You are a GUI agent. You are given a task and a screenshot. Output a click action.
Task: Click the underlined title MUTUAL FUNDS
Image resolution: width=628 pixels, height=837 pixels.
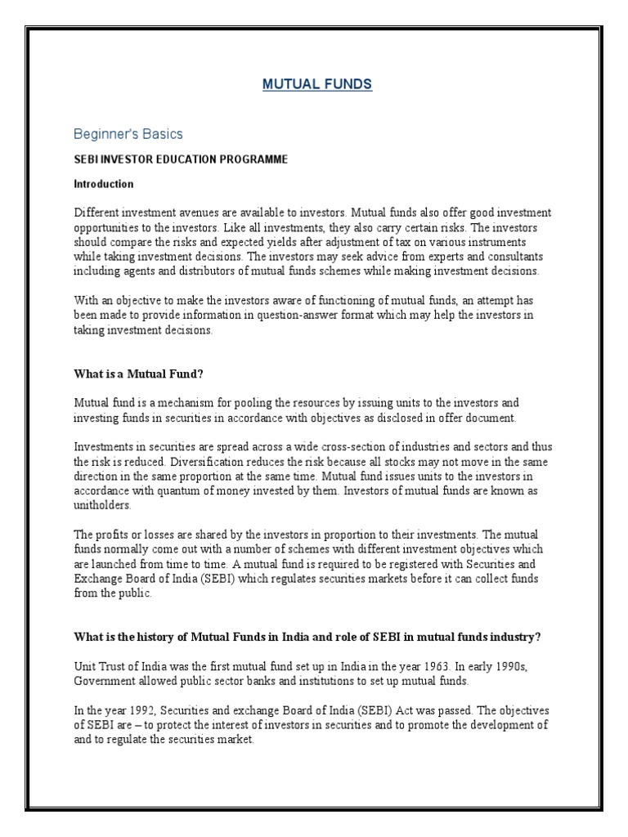tap(317, 84)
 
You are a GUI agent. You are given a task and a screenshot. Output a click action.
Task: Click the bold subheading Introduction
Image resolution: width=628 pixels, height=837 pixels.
tap(104, 184)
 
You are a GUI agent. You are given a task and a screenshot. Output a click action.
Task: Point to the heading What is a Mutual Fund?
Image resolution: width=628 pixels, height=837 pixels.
tap(138, 374)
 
